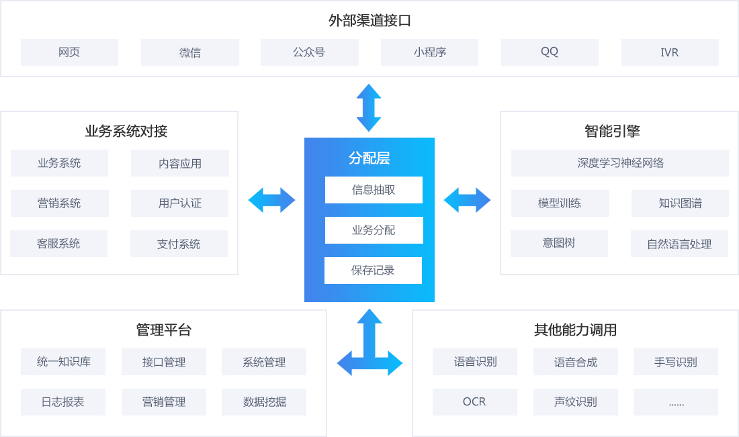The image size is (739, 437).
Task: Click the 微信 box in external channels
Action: tap(189, 52)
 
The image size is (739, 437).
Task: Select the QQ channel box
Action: tap(550, 52)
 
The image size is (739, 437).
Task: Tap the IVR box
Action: tap(669, 52)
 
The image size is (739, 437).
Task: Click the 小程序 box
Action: tap(429, 52)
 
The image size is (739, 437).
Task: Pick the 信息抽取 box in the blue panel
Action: tap(374, 190)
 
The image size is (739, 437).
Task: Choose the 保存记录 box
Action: tap(373, 271)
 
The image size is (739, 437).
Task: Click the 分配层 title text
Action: tap(369, 158)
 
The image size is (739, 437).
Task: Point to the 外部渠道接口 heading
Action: tap(369, 21)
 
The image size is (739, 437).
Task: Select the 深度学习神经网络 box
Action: tap(619, 163)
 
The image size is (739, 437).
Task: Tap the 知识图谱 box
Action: tap(680, 203)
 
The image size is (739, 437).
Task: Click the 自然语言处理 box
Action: tap(679, 244)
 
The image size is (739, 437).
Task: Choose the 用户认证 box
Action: tap(179, 203)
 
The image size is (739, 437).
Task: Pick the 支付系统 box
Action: tap(179, 244)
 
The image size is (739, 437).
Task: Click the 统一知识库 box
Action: tap(63, 362)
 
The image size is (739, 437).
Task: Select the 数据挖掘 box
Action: tap(264, 402)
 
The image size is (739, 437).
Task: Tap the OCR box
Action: tap(474, 402)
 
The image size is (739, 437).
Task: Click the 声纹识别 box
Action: tap(575, 402)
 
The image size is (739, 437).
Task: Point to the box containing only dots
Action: tap(676, 402)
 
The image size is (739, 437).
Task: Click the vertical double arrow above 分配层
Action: tap(369, 107)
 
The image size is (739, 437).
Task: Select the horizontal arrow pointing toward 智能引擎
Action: tap(467, 200)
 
